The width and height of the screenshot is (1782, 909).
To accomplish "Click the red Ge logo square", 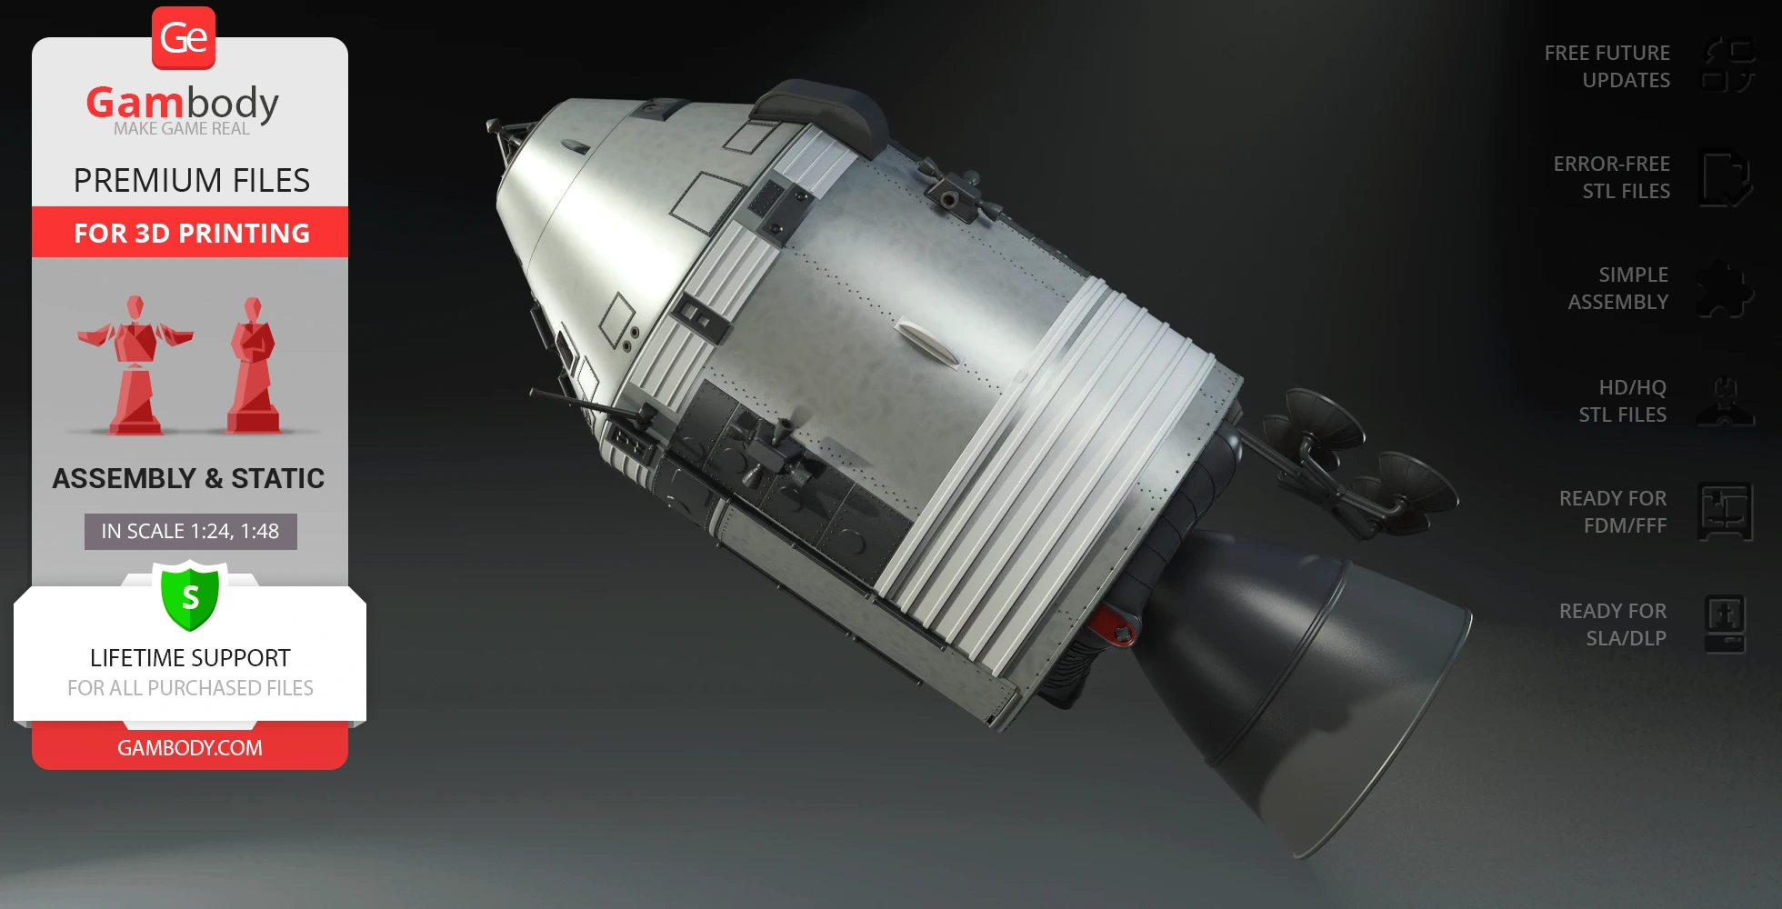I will [x=184, y=38].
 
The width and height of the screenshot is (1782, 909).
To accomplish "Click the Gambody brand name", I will [x=182, y=103].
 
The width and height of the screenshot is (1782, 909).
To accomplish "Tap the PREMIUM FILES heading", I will [x=191, y=180].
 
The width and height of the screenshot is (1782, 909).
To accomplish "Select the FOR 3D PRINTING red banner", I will [x=191, y=233].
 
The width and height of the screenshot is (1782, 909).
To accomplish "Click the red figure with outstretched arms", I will [x=135, y=364].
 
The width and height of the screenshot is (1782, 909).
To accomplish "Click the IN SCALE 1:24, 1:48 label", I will [x=190, y=531].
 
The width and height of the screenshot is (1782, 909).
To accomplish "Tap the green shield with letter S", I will [x=190, y=596].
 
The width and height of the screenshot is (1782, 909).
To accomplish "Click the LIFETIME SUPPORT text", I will [x=190, y=657].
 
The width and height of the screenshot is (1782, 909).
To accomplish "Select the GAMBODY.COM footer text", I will [x=190, y=747].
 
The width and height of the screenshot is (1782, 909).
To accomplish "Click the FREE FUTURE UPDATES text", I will [x=1607, y=66].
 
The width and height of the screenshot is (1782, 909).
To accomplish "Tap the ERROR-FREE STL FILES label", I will [x=1611, y=177].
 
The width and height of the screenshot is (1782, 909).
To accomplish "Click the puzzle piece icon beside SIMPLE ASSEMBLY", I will [x=1725, y=289].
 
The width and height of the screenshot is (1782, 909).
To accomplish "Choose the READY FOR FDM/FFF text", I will [x=1612, y=512].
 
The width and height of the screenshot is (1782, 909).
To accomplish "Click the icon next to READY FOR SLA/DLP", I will [x=1725, y=624].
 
